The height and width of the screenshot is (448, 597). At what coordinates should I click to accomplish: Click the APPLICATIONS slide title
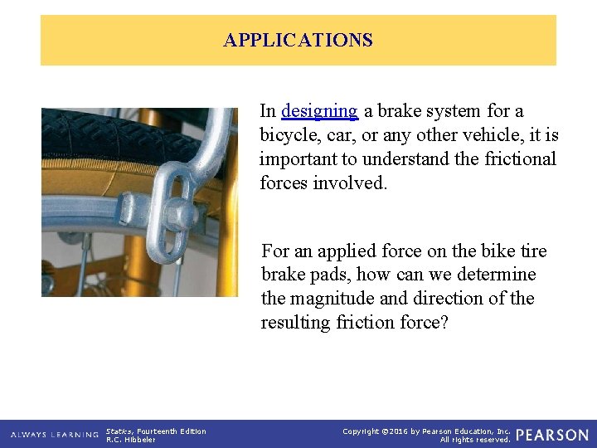coord(298,40)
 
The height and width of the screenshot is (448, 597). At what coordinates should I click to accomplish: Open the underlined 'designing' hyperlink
coord(319,111)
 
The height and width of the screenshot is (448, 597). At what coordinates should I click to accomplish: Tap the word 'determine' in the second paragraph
coord(500,275)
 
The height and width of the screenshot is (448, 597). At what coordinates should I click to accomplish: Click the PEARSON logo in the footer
coord(552,435)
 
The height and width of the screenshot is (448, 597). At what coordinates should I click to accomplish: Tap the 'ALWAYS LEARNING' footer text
coord(54,435)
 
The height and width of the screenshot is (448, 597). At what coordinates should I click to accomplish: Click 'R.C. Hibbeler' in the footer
coord(131,440)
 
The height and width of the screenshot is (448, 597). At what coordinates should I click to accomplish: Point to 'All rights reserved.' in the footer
coord(475,440)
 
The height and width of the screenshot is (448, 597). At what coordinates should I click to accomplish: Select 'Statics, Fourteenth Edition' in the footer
coord(156,431)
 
